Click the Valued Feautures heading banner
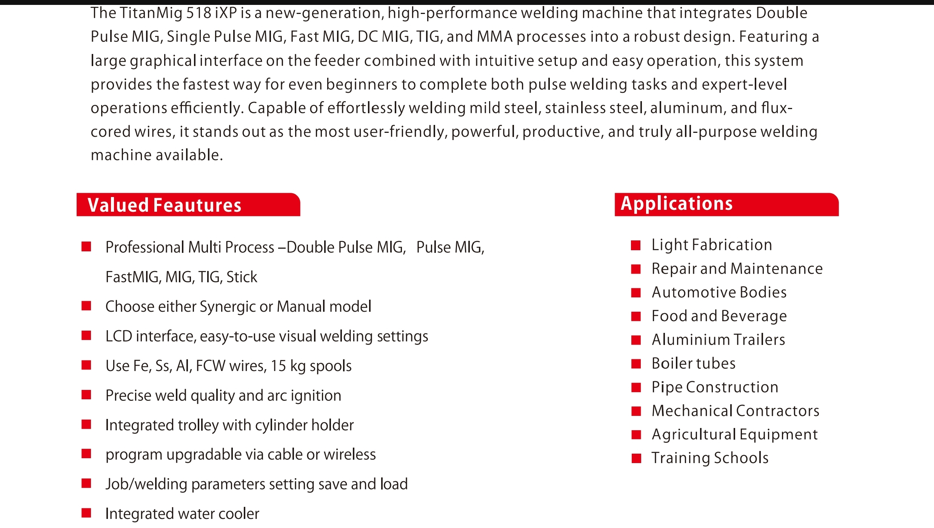tap(188, 205)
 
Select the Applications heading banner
tap(726, 204)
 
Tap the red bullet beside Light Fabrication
tap(636, 246)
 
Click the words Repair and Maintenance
tap(737, 269)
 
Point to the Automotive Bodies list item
tap(719, 292)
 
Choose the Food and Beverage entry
tap(719, 316)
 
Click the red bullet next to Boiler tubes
tap(636, 364)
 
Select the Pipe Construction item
tap(715, 387)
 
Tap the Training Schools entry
tap(710, 458)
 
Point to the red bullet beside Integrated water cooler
tap(86, 513)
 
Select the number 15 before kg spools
tap(279, 366)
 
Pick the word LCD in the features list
tap(118, 336)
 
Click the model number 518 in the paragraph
tap(199, 14)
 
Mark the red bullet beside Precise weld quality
tap(86, 395)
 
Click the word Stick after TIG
tap(242, 277)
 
